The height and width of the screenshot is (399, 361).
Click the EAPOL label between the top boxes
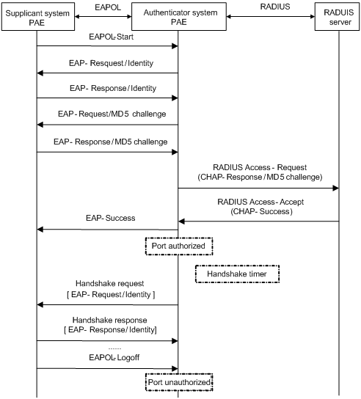click(x=108, y=7)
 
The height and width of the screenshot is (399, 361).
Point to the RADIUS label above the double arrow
click(x=275, y=7)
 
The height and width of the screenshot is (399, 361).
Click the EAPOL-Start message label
click(x=112, y=37)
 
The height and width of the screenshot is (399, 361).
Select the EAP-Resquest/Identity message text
click(x=112, y=63)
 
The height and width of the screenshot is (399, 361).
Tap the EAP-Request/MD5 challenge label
click(x=112, y=114)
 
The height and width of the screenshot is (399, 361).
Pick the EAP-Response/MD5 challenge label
click(x=111, y=142)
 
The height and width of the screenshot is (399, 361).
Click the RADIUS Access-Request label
click(x=260, y=167)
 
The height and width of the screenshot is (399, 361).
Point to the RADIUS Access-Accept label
click(x=260, y=202)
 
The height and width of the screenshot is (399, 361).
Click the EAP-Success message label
click(x=111, y=218)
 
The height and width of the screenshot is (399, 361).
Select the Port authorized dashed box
click(x=179, y=246)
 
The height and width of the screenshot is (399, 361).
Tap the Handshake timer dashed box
click(x=237, y=274)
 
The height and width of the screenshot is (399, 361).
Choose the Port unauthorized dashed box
click(x=179, y=382)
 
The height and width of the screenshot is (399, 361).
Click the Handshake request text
click(x=110, y=283)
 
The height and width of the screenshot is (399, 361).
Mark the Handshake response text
click(x=110, y=320)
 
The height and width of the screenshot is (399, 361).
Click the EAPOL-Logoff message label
click(x=114, y=357)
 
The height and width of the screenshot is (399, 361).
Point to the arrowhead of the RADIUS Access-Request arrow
click(x=336, y=188)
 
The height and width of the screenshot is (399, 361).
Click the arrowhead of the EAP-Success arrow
click(x=40, y=230)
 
